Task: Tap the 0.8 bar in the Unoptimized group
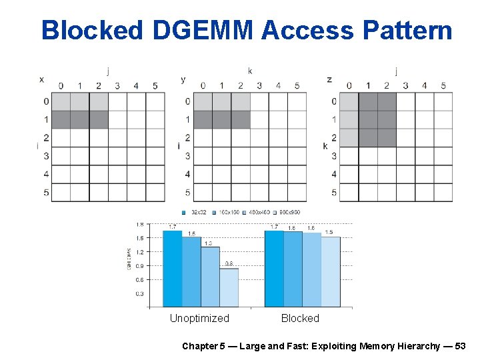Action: pyautogui.click(x=229, y=287)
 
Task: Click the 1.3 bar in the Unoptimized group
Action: pyautogui.click(x=210, y=277)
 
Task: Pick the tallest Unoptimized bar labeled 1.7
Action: pyautogui.click(x=173, y=269)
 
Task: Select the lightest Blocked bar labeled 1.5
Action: pyautogui.click(x=330, y=271)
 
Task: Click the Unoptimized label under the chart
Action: pyautogui.click(x=199, y=319)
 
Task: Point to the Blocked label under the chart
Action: pyautogui.click(x=300, y=319)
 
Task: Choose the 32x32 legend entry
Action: pyautogui.click(x=197, y=212)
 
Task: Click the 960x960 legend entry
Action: pyautogui.click(x=288, y=212)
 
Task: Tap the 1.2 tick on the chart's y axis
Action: pyautogui.click(x=139, y=252)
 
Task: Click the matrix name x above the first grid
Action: pyautogui.click(x=41, y=79)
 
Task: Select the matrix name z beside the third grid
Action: pyautogui.click(x=329, y=79)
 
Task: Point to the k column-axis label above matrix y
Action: pyautogui.click(x=250, y=71)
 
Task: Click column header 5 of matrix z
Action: pyautogui.click(x=443, y=85)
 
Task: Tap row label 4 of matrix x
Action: pyautogui.click(x=46, y=174)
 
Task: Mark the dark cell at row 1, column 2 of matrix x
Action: pyautogui.click(x=99, y=119)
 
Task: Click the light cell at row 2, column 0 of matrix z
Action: pyautogui.click(x=349, y=137)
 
